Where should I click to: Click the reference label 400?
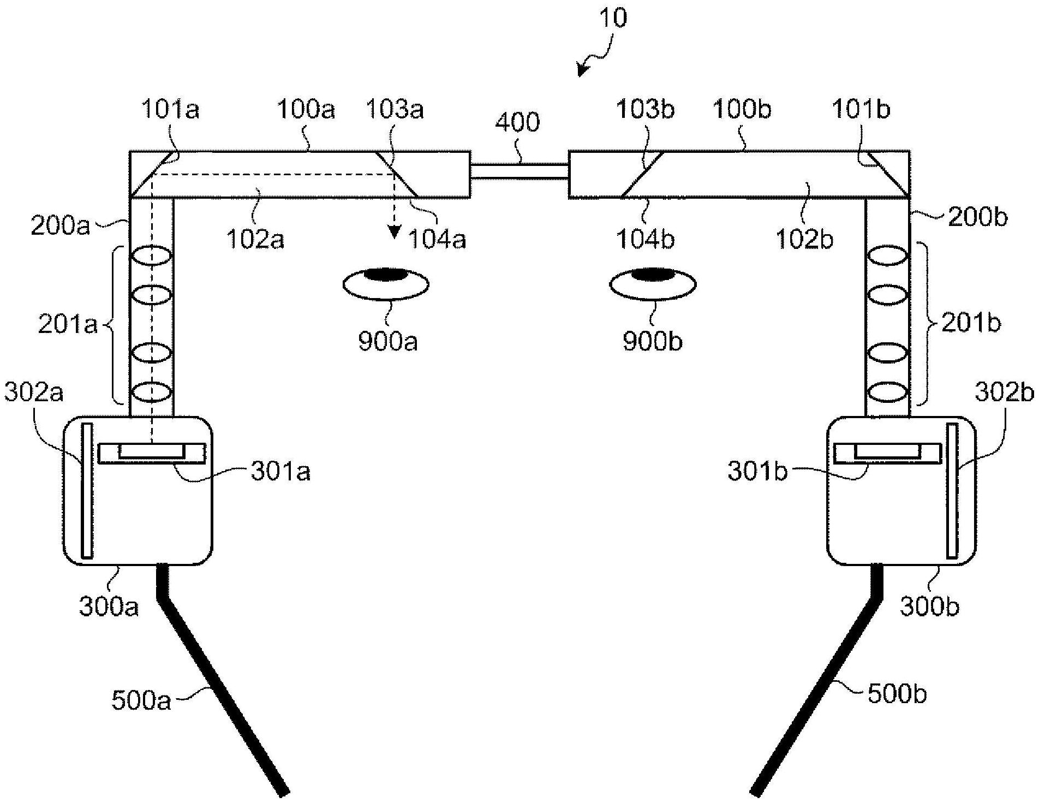coord(517,122)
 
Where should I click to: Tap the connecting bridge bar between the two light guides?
coord(519,171)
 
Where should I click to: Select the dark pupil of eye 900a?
coord(386,273)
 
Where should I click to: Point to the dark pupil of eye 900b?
coord(653,273)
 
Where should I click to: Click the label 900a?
coord(388,341)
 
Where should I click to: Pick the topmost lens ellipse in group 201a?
coord(152,255)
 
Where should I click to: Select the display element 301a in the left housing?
coord(152,453)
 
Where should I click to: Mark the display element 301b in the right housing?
coord(888,453)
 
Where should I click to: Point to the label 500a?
coord(141,700)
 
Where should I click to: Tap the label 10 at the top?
coord(613,18)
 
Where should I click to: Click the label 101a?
coord(170,109)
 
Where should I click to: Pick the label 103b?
coord(646,109)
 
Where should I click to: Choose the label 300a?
coord(109,606)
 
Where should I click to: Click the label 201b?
coord(971,324)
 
